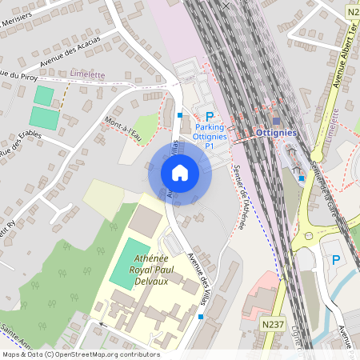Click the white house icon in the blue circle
180,172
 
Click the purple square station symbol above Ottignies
276,122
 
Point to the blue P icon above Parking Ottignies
210,117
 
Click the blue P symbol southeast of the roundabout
336,259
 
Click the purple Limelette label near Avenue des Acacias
89,74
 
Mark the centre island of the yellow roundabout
310,237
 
